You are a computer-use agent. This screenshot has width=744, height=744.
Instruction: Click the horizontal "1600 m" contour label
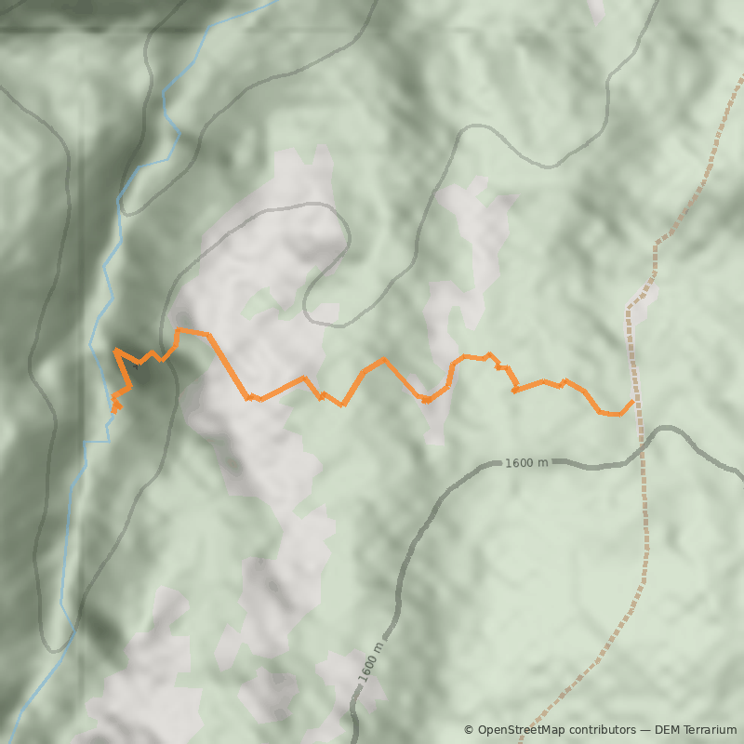[526, 462]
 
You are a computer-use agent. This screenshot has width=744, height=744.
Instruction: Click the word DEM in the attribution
[666, 730]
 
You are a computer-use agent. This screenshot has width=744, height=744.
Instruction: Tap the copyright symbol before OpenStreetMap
[469, 730]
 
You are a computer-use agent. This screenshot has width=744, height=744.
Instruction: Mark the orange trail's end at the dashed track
[633, 401]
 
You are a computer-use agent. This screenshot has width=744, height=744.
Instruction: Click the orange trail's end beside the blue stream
[114, 410]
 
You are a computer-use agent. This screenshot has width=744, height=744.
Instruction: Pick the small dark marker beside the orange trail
[135, 366]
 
